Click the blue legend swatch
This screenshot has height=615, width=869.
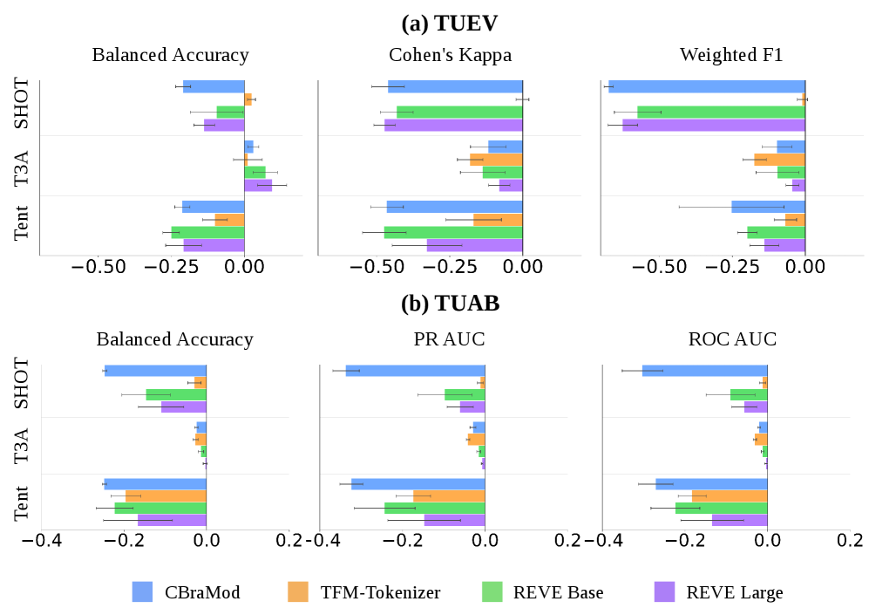[x=142, y=592]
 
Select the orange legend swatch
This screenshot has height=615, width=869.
[x=298, y=592]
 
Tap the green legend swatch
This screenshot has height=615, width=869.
[x=492, y=592]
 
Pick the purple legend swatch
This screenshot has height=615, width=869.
[x=664, y=592]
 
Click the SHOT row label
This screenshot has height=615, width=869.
[x=23, y=384]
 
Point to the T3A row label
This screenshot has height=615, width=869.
[x=23, y=445]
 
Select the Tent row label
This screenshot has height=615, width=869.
[x=23, y=502]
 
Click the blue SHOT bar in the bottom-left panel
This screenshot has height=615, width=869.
[x=155, y=371]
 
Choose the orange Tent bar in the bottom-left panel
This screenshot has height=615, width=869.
[x=166, y=495]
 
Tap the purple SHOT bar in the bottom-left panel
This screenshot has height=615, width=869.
[x=184, y=407]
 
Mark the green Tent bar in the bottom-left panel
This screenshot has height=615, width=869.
[x=160, y=508]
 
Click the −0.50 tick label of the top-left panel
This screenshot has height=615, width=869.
[x=98, y=267]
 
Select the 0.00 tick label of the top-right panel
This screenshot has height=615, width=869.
[x=805, y=267]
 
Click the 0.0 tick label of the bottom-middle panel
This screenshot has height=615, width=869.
[x=485, y=541]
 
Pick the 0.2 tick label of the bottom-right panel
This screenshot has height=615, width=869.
[x=850, y=541]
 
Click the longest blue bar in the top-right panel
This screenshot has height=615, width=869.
[x=707, y=86]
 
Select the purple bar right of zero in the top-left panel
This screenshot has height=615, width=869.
[x=258, y=185]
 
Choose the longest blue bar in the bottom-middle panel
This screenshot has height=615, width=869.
[x=415, y=371]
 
